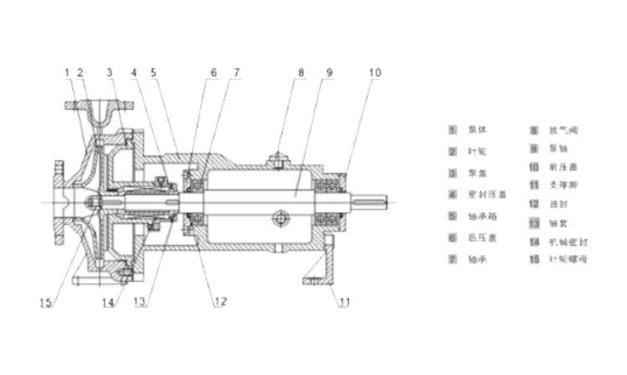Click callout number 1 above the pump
pos(66,73)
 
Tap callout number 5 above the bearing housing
pos(153,73)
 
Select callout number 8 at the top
pos(299,73)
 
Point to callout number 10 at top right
pos(375,73)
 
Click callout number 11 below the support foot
pos(345,303)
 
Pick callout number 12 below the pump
pos(219,303)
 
